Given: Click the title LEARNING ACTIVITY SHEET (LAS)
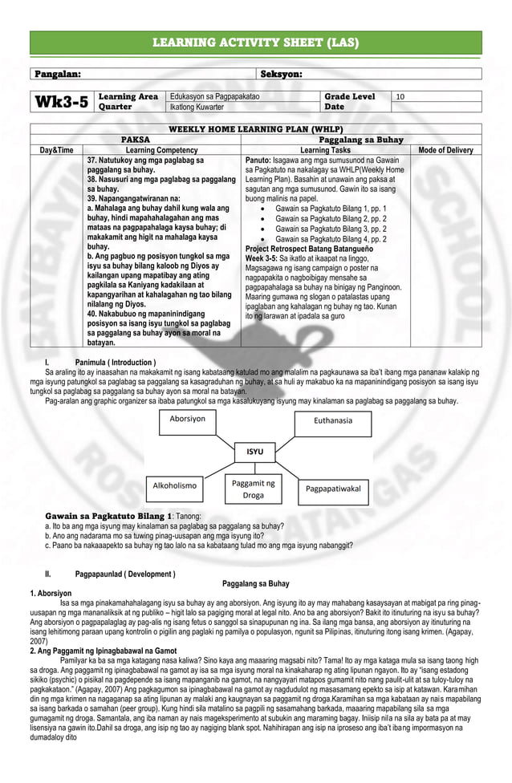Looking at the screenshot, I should point(256,43).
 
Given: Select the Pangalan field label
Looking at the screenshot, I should point(56,74).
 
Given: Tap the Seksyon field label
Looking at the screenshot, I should point(281,74).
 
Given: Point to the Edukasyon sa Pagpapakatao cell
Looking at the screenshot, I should point(215,96).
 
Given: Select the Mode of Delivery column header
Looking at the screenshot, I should point(445,150).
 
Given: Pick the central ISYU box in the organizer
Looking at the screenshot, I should point(254,452).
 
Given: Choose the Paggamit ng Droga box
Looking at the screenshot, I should point(253,489).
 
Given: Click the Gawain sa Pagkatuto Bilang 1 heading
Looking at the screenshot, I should point(108,515).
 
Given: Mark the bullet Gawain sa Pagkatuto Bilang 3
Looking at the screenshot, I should point(331,229).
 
